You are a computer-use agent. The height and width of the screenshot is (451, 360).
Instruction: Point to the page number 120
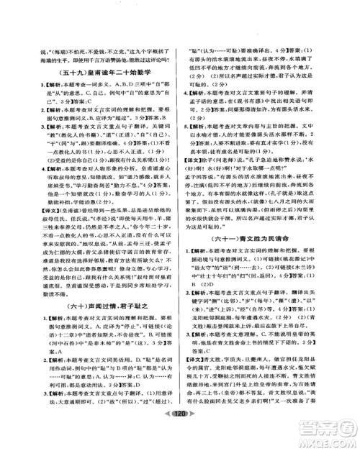(x=180, y=434)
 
